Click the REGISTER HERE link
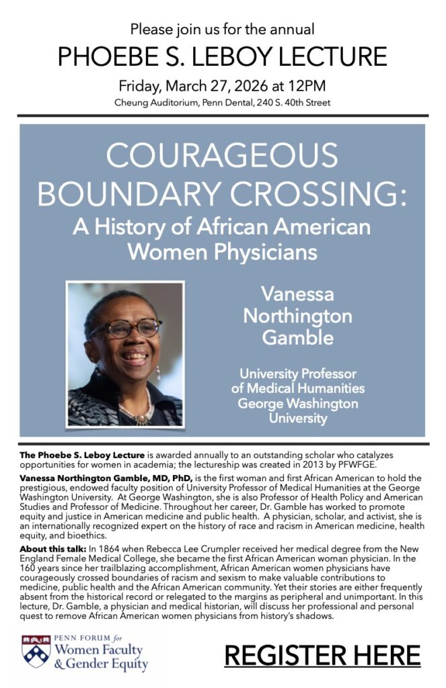(x=322, y=654)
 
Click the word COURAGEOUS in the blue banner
(x=222, y=156)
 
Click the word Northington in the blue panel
(x=297, y=316)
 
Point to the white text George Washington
(x=297, y=404)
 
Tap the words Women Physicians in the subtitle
(x=222, y=253)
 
